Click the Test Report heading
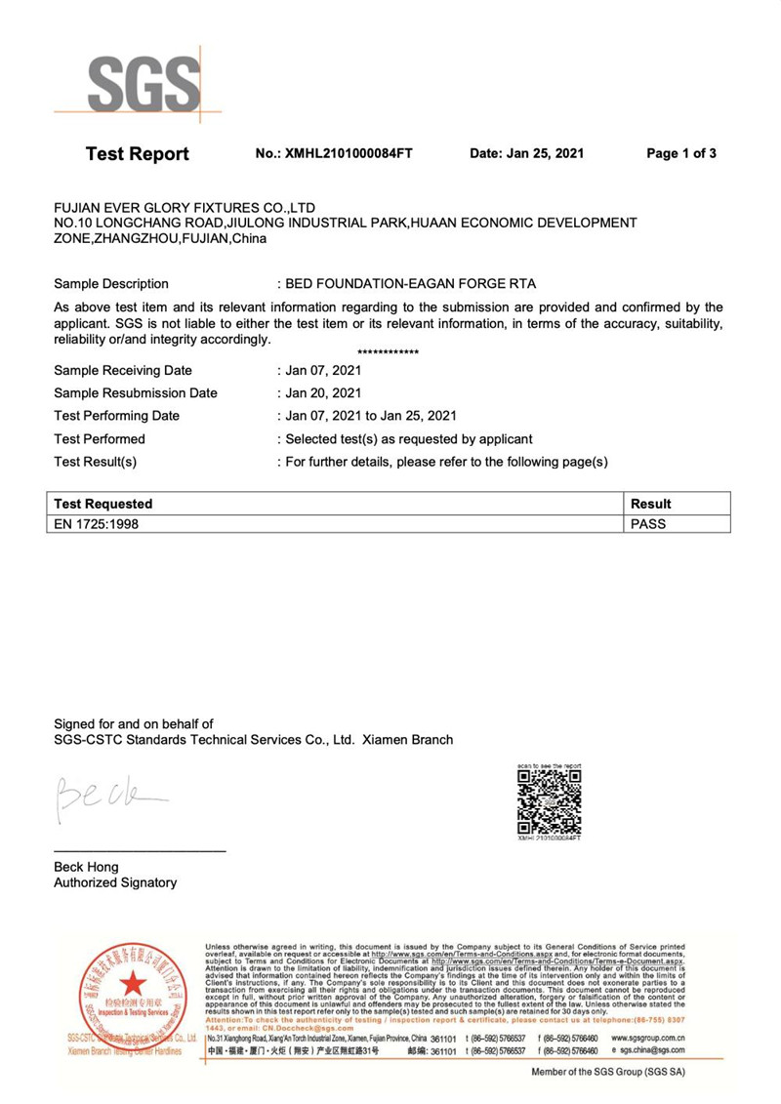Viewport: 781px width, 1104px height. [138, 154]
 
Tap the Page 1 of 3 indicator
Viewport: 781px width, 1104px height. [682, 154]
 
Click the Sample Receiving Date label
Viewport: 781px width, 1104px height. [123, 371]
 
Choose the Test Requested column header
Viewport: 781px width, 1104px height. [103, 504]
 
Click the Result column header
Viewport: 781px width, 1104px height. [651, 504]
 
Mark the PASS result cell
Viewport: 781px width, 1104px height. [649, 523]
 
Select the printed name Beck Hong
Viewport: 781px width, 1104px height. [88, 867]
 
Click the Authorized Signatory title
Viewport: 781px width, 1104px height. [115, 882]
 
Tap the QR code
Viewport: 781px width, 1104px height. [548, 800]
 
